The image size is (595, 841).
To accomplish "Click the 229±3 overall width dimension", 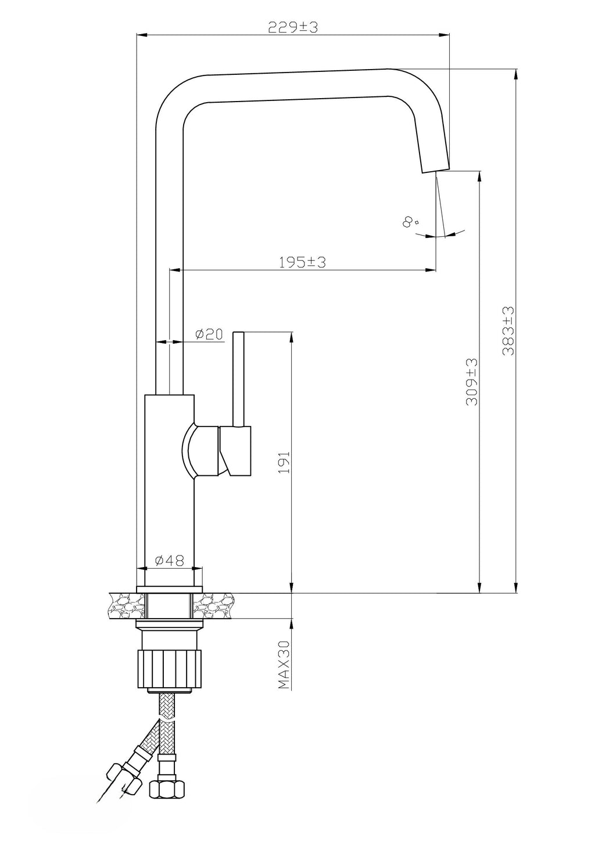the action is (293, 27).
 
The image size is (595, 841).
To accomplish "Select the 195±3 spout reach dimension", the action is (302, 262).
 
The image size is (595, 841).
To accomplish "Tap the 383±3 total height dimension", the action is (508, 330).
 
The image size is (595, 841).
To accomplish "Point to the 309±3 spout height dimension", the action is (471, 382).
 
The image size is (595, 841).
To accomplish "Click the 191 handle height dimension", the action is (284, 462).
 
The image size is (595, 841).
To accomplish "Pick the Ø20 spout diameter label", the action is (209, 334).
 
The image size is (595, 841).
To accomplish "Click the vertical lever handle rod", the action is (239, 379).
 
